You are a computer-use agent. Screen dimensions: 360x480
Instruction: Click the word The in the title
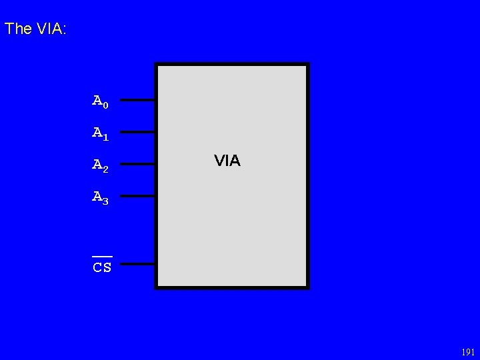tap(17, 29)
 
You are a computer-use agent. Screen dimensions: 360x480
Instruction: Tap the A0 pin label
tap(100, 101)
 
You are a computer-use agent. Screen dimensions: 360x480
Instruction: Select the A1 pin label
tap(100, 133)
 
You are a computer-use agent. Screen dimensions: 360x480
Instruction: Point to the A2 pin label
tap(100, 165)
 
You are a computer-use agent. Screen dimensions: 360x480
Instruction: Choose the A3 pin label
tap(100, 197)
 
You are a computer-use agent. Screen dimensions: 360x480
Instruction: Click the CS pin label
tap(102, 268)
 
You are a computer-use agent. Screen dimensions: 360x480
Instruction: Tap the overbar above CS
tap(102, 256)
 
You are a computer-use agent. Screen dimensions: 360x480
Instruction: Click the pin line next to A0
tap(137, 100)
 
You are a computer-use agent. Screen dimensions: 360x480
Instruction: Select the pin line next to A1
tap(137, 132)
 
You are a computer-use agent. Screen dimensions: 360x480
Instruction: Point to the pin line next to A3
tap(137, 196)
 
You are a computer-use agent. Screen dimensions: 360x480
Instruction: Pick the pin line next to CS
tap(137, 264)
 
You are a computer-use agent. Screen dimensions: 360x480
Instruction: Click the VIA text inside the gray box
tap(227, 161)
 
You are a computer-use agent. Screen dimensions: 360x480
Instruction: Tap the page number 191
tap(468, 352)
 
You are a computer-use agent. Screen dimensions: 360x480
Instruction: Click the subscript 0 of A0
tap(105, 105)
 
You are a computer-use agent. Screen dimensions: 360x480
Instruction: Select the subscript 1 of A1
tap(105, 137)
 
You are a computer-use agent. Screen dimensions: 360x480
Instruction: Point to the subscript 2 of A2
tap(105, 168)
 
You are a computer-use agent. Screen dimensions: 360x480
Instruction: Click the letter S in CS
tap(107, 268)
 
